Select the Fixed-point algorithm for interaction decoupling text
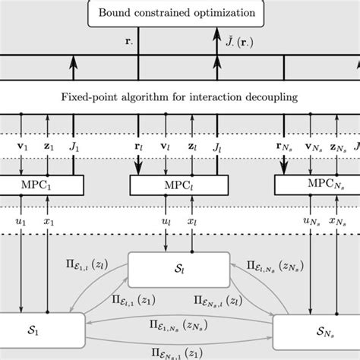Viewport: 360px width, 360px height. click(179, 96)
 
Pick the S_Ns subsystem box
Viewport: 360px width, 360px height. click(316, 331)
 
